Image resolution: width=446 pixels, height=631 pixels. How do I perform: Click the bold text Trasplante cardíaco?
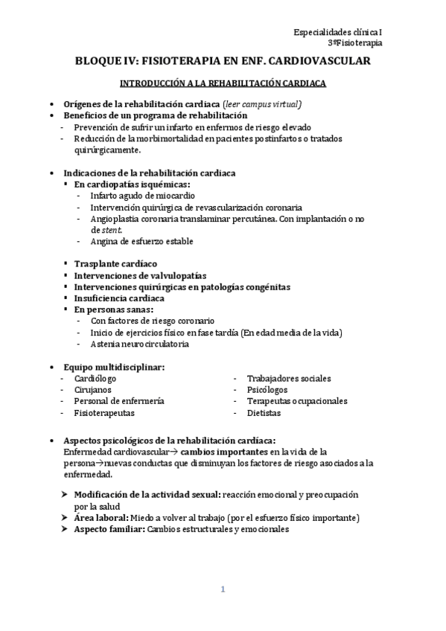115,264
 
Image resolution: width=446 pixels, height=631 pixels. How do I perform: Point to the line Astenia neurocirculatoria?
139,344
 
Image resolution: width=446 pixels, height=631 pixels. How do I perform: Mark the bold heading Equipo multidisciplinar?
114,366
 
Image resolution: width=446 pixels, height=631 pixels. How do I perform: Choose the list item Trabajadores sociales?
289,378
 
